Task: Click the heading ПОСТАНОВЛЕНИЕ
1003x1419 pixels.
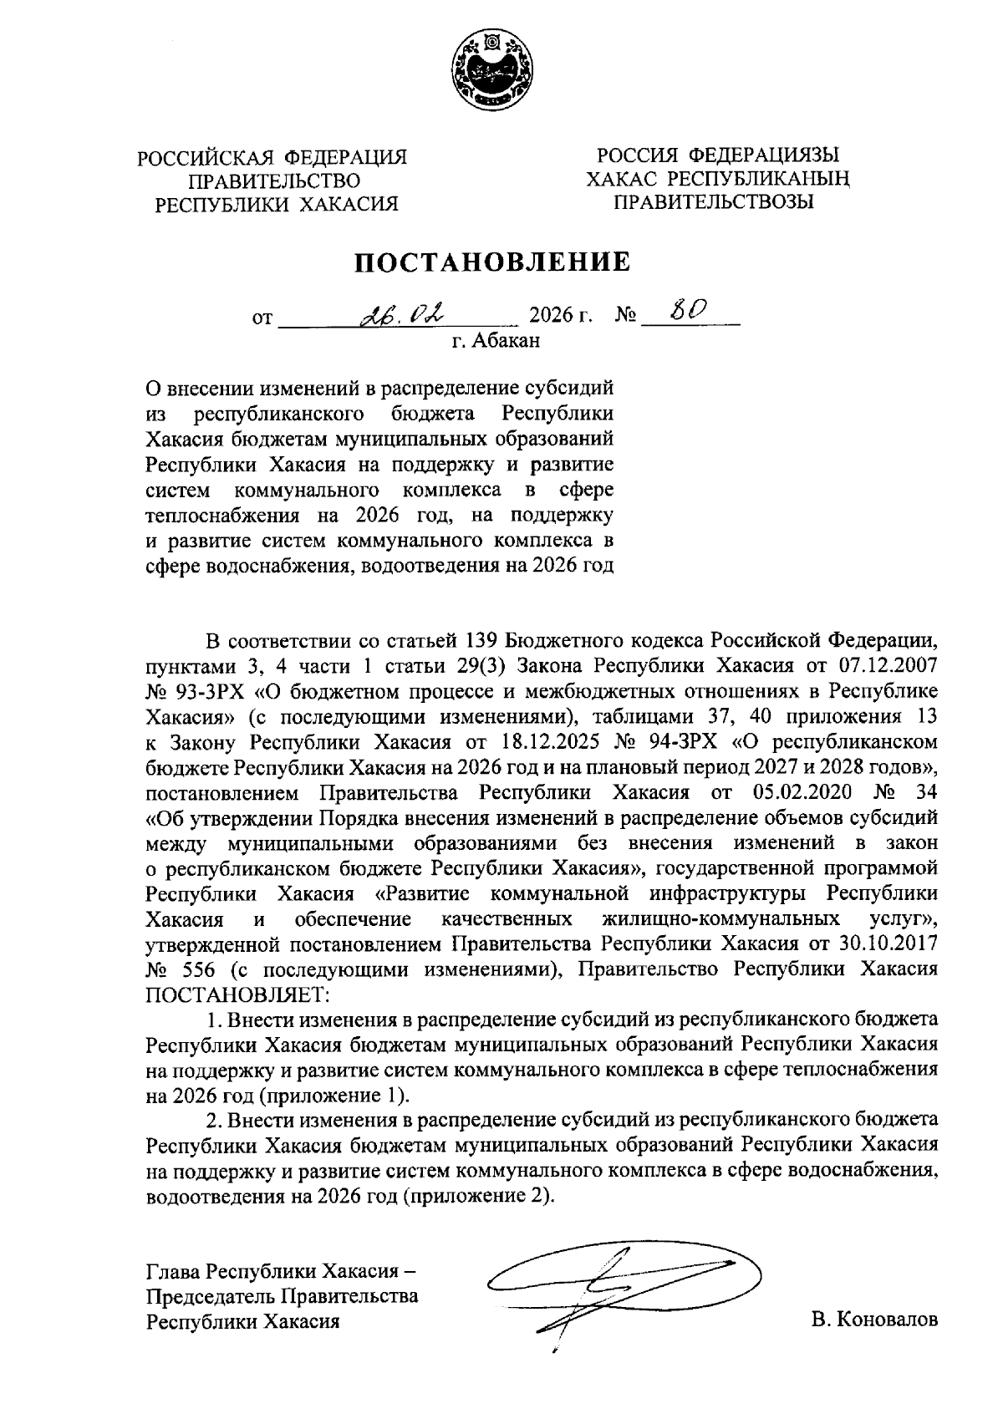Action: (491, 262)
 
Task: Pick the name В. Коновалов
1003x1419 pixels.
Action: (873, 1320)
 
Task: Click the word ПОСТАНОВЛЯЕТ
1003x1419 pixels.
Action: (238, 994)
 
